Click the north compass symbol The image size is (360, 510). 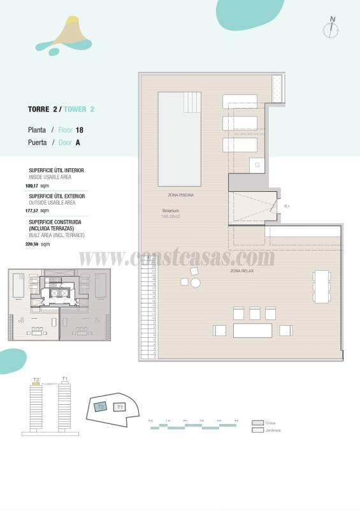331,28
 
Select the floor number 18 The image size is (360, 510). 80,130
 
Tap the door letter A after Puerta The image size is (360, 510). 78,143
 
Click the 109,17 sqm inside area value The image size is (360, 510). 36,186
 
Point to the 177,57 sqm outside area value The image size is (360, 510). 36,210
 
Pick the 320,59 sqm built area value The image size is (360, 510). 36,244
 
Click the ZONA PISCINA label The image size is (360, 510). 180,194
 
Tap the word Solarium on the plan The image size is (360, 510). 170,210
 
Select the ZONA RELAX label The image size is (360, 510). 242,271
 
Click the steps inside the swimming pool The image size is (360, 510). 192,101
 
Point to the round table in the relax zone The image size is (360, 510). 196,283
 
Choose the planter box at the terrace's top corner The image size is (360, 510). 278,87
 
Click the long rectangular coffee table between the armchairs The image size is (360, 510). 252,330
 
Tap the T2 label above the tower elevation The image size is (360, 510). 36,380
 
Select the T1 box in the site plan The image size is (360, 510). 120,407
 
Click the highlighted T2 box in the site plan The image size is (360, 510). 100,407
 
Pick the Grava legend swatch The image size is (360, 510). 257,423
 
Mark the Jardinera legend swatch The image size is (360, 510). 257,430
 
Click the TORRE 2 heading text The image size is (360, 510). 43,109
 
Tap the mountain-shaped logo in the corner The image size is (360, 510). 64,35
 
